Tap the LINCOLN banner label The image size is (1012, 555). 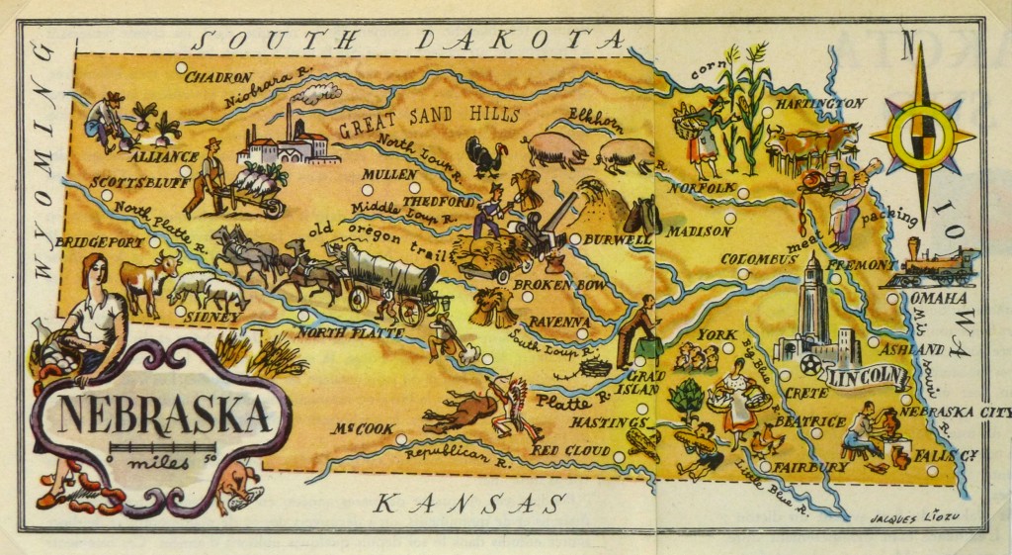867,376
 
